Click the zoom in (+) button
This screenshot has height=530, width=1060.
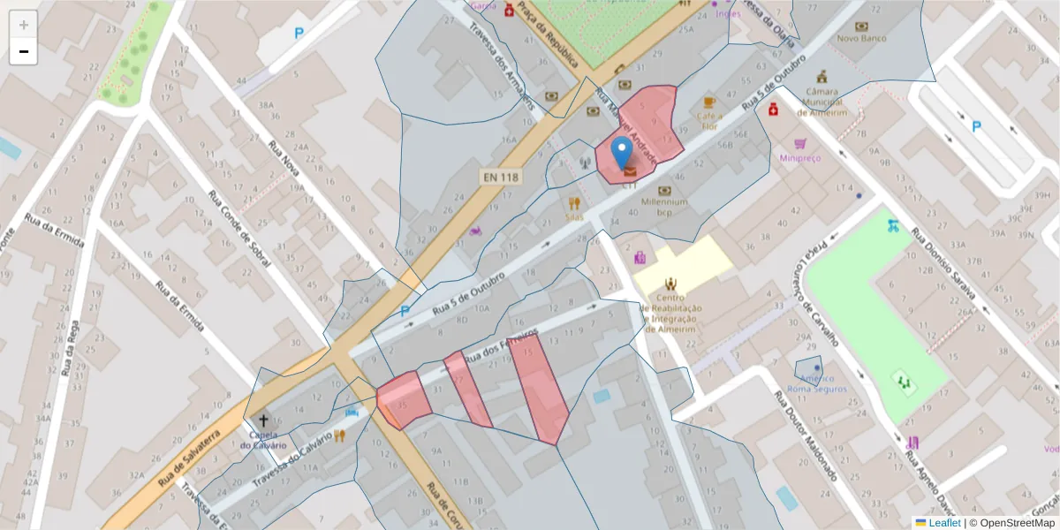pos(24,25)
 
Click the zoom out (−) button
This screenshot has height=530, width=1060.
pos(24,52)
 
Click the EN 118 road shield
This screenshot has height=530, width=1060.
pos(501,177)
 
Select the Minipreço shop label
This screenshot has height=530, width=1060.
pos(800,158)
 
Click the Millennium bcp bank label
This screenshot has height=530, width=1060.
pos(664,208)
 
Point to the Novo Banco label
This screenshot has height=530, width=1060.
pos(861,38)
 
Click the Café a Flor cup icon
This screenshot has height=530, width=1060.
pos(709,103)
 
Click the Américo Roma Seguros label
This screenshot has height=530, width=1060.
pos(817,383)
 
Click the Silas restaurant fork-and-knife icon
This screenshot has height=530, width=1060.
pos(574,203)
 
